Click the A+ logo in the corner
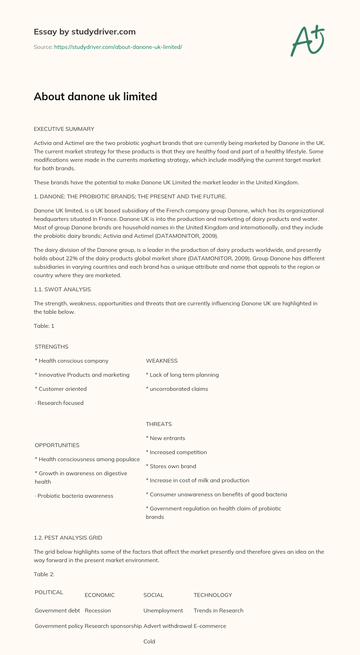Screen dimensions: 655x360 coord(308,41)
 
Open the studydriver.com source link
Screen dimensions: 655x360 coord(118,47)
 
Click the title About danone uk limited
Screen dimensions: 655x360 coord(95,96)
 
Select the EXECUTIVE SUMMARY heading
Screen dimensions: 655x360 coord(64,129)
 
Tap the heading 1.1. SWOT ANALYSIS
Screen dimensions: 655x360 coord(62,290)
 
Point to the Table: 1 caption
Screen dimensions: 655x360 coord(44,326)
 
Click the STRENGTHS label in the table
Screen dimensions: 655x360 coord(52,347)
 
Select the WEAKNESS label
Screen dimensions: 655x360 coord(162,361)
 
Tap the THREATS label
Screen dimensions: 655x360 coord(159,424)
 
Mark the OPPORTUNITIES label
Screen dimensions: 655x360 coord(57,445)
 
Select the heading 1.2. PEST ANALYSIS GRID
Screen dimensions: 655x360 coord(68,538)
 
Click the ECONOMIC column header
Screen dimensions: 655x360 coord(100,595)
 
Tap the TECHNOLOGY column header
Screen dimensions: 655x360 coord(213,595)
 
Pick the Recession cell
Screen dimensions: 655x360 coord(98,611)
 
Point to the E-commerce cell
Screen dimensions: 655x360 coord(210,626)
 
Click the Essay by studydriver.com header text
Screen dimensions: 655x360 coord(85,32)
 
